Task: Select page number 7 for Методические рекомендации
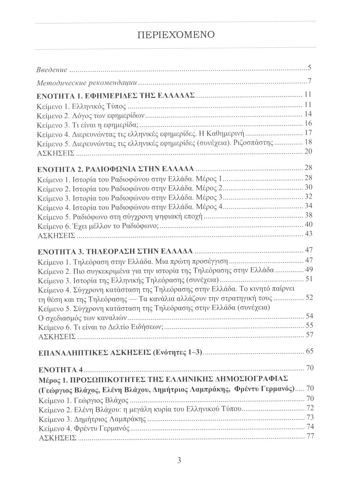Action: [x=309, y=81]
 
